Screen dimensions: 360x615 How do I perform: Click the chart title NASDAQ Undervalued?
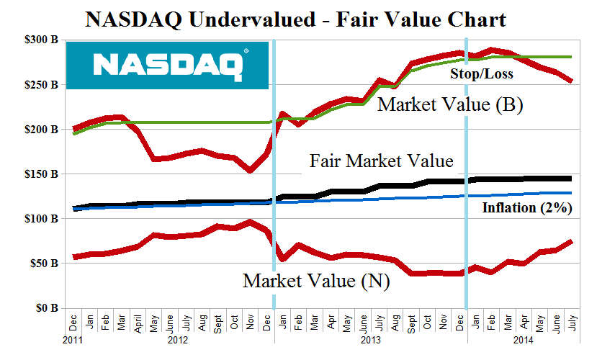(295, 19)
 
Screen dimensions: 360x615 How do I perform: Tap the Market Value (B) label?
(450, 105)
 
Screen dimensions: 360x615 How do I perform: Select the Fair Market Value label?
(382, 161)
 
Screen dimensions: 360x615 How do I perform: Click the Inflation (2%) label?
(526, 209)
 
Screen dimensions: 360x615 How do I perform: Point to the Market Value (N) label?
(316, 282)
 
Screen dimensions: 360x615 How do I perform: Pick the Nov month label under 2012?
(249, 320)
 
